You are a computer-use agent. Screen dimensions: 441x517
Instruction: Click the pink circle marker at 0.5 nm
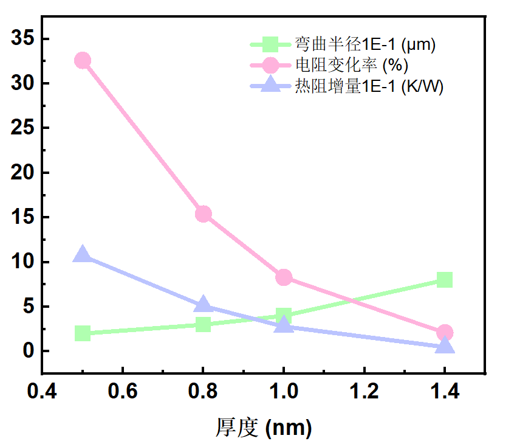click(83, 60)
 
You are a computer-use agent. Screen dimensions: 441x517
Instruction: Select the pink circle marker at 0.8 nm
click(203, 214)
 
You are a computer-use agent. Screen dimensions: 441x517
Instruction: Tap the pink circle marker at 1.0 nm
click(284, 277)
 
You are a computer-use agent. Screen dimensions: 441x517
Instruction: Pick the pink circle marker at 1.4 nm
click(445, 333)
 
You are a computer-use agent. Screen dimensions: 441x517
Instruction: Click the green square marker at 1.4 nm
click(445, 280)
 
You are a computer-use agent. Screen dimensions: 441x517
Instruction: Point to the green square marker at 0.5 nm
click(83, 333)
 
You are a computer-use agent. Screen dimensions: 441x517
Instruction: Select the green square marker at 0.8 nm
click(203, 324)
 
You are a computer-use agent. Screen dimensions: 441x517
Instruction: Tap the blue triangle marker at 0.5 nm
click(83, 255)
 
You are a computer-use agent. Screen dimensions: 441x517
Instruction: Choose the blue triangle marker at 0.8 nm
click(203, 305)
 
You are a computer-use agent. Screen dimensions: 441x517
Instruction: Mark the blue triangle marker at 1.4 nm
click(445, 346)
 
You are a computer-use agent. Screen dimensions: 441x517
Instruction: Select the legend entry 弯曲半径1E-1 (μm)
click(365, 44)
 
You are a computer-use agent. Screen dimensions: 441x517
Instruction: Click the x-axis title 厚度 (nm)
click(264, 426)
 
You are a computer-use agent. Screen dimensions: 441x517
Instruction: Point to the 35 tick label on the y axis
click(22, 39)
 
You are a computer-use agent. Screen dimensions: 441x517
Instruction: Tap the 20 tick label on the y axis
click(22, 173)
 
